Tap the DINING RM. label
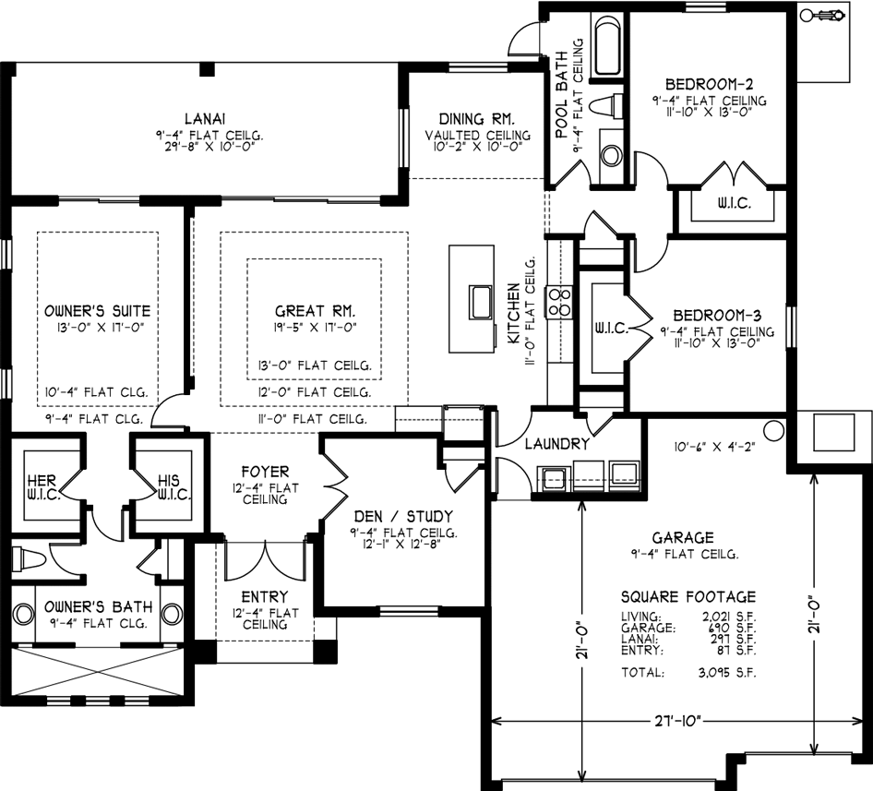[x=476, y=119]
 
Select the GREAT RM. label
[x=315, y=311]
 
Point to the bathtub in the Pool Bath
[x=608, y=45]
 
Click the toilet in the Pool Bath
[x=605, y=105]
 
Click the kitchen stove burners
[x=559, y=302]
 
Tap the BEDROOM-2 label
[x=710, y=85]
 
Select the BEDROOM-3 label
[x=717, y=316]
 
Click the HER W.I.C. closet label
[x=42, y=486]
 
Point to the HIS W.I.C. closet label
[x=174, y=486]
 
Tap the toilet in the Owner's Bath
[x=27, y=558]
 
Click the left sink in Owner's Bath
[x=22, y=614]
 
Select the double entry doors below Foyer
[x=265, y=560]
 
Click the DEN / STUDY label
[x=403, y=516]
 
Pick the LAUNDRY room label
[x=556, y=444]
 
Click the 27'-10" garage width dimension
[x=676, y=722]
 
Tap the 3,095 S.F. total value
[x=727, y=672]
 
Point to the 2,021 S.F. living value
[x=729, y=617]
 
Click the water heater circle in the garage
[x=773, y=430]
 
